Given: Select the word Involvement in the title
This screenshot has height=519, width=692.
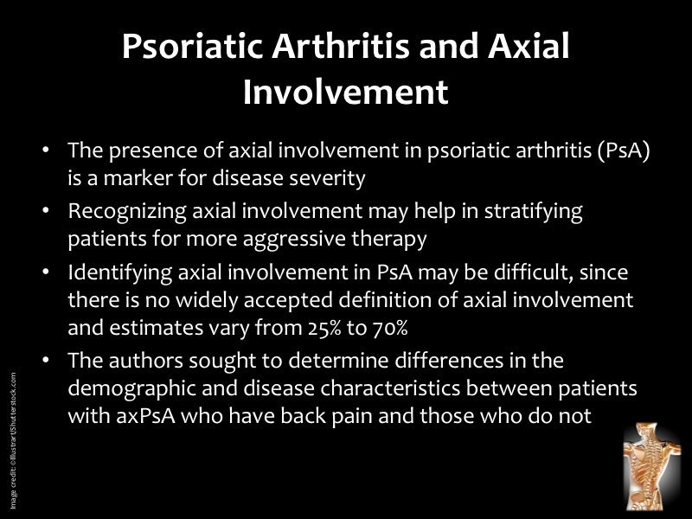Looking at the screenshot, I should click(x=345, y=93).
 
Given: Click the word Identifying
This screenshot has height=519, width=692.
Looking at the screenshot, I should click(x=116, y=273).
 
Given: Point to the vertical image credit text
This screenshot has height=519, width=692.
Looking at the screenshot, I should click(x=14, y=441).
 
